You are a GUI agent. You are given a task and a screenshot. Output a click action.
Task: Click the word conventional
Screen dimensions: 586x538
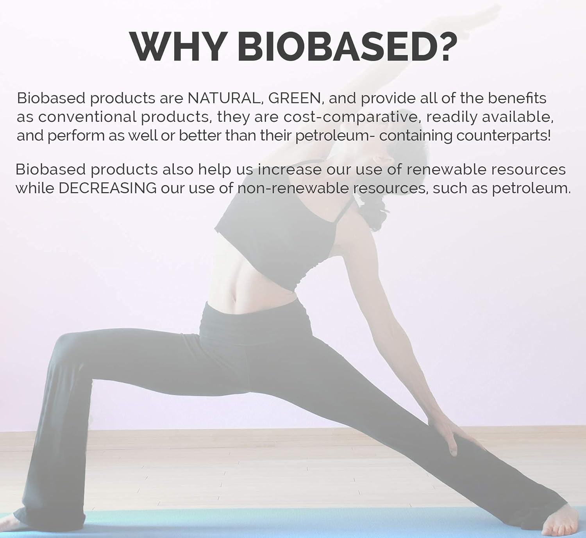tap(87, 117)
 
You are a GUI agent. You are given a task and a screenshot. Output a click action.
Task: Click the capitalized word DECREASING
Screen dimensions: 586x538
tap(108, 189)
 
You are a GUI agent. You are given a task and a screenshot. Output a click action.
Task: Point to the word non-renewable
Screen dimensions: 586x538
tap(293, 189)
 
